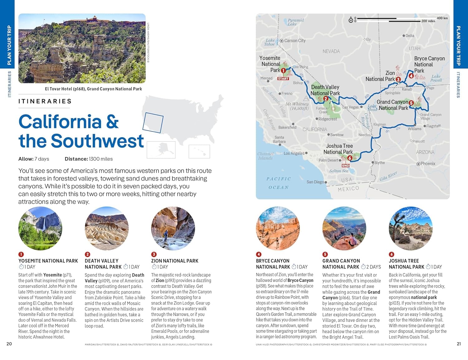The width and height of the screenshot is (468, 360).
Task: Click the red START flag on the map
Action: (283, 79)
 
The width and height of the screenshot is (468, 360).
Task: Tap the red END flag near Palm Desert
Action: (345, 165)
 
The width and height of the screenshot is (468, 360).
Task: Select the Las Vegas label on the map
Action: (351, 107)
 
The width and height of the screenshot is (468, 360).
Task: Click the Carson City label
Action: (295, 41)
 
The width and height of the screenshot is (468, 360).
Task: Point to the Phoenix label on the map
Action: (427, 163)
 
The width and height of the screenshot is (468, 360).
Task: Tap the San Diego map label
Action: (315, 182)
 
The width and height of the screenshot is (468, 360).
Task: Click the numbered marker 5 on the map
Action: (411, 103)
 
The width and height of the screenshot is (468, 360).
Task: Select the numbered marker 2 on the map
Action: (325, 99)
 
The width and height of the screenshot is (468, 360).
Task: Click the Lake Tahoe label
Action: (270, 42)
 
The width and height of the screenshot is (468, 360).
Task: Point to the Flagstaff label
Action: (433, 126)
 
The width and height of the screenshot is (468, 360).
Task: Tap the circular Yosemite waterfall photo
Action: (40, 228)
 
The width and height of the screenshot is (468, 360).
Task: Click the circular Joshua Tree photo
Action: (411, 228)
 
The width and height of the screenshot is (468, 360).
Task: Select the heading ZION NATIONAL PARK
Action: (175, 261)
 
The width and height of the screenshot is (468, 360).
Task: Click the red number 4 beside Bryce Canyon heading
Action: (259, 254)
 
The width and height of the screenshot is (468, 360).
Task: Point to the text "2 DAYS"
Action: (373, 267)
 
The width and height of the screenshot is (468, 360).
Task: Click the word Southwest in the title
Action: (97, 141)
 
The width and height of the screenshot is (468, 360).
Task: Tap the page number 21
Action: (459, 344)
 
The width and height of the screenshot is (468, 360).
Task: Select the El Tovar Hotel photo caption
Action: (93, 89)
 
